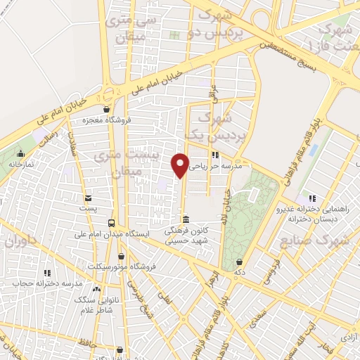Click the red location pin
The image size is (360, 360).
181,165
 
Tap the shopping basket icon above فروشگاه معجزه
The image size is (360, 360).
106,109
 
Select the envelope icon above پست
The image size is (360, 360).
88,198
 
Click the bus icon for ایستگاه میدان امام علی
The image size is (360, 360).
110,223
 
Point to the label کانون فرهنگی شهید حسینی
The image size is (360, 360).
186,236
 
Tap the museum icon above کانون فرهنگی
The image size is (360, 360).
186,218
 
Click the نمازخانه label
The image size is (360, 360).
22,163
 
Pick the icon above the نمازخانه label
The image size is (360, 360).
21,153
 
